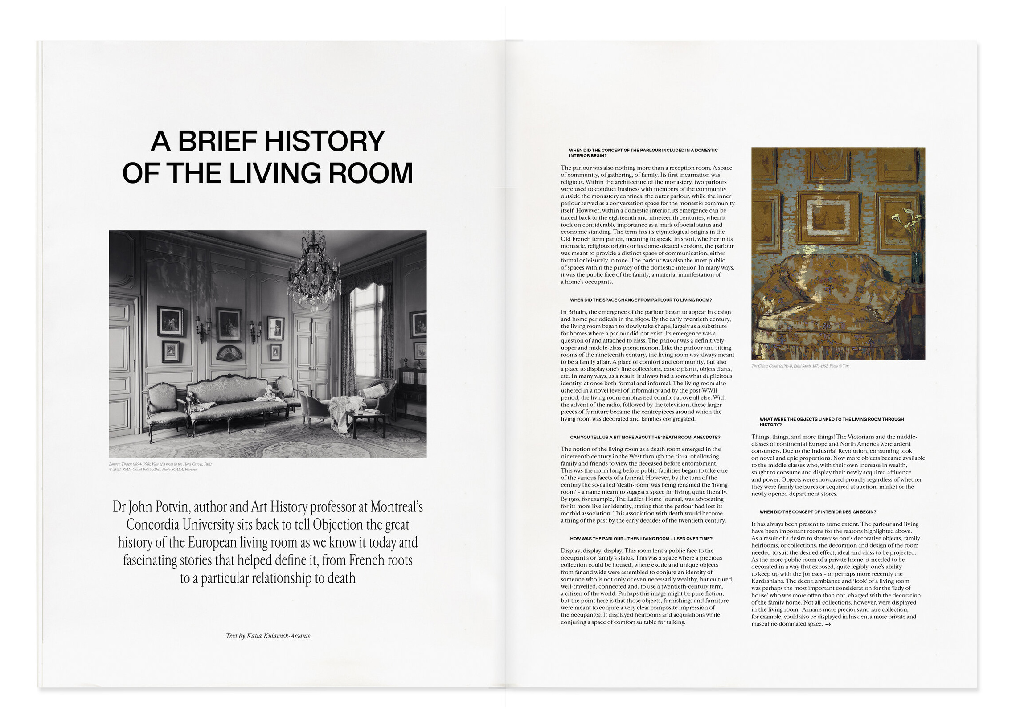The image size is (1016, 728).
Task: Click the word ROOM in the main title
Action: pyautogui.click(x=370, y=173)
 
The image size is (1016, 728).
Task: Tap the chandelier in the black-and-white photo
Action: pyautogui.click(x=313, y=273)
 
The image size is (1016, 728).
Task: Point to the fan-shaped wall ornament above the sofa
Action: pyautogui.click(x=229, y=353)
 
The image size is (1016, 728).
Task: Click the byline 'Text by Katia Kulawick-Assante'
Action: pyautogui.click(x=268, y=636)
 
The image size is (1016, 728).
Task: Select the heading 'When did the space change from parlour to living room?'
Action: pyautogui.click(x=641, y=300)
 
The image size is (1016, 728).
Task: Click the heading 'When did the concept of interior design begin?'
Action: pyautogui.click(x=818, y=511)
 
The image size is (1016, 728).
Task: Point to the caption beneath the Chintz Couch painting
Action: pyautogui.click(x=800, y=366)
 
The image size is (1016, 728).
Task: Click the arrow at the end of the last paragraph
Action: pyautogui.click(x=828, y=624)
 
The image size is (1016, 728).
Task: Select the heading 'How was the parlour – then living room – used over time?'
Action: pyautogui.click(x=641, y=539)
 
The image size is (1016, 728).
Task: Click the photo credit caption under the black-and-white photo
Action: pyautogui.click(x=160, y=466)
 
